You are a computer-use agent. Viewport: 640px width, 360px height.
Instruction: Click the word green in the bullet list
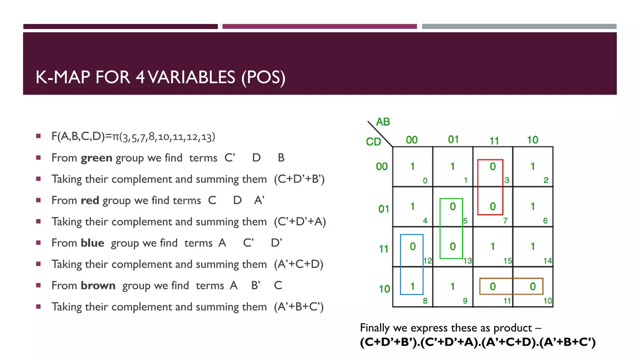click(x=96, y=158)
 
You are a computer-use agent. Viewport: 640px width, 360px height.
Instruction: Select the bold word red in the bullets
click(x=90, y=201)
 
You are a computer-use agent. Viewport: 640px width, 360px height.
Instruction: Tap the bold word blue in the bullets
click(x=92, y=243)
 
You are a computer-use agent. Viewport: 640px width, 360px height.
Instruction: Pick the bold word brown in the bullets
click(x=98, y=286)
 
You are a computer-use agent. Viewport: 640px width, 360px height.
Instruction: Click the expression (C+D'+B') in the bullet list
click(x=299, y=179)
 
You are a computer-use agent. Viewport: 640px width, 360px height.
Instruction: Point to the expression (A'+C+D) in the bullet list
click(x=298, y=264)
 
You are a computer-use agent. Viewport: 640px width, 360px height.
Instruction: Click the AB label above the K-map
click(x=383, y=122)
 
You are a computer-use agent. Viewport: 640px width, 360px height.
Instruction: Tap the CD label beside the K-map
click(x=373, y=142)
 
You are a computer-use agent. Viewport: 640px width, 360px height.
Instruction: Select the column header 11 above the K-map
click(x=494, y=141)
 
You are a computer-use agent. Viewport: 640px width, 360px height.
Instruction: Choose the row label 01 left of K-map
click(x=383, y=209)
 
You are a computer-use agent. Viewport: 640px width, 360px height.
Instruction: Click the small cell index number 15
click(x=507, y=261)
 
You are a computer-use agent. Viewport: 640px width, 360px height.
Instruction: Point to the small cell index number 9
click(x=465, y=301)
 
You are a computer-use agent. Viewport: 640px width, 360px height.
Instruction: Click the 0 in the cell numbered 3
click(x=493, y=167)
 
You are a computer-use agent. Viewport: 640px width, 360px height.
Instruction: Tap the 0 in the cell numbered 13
click(x=452, y=247)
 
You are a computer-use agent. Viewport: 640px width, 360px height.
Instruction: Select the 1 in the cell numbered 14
click(x=532, y=247)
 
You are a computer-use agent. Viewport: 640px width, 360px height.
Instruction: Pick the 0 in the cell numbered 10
click(x=532, y=286)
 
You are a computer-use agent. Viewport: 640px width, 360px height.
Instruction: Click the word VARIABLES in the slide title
click(x=191, y=77)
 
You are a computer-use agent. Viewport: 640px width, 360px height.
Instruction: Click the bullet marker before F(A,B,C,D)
click(x=38, y=136)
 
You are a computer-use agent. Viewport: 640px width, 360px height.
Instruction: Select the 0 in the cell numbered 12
click(x=412, y=247)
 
